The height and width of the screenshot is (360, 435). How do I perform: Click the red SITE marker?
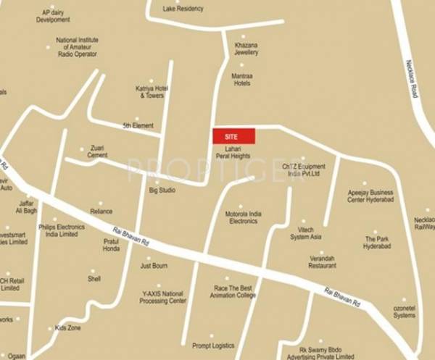[x=233, y=135]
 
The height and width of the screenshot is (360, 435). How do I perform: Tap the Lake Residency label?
[x=183, y=9]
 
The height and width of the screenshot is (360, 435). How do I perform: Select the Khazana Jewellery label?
[x=246, y=49]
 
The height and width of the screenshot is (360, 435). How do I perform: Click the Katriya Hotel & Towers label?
[x=151, y=92]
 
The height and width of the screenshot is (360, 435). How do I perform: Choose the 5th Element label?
[x=138, y=125]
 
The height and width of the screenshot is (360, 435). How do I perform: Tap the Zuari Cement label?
[x=97, y=151]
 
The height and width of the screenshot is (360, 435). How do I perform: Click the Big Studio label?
[x=162, y=190]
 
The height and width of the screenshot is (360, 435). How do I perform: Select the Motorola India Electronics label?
[x=244, y=217]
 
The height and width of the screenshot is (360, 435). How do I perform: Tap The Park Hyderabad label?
[x=377, y=242]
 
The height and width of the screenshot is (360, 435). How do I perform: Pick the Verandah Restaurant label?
[x=323, y=261]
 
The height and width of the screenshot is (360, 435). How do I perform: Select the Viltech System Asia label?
[x=305, y=233]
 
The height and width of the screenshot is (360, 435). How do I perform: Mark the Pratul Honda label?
[x=111, y=244]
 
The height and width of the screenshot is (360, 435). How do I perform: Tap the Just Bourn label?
[x=154, y=266]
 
